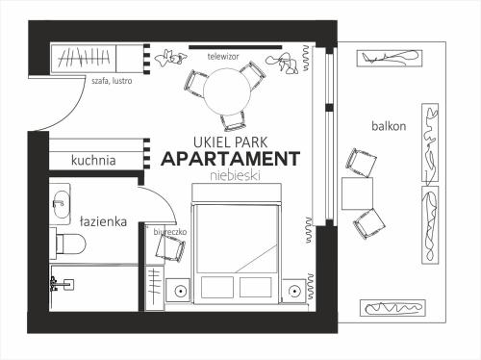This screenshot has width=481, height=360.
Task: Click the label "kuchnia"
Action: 93,160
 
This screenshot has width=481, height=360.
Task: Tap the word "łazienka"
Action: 103,221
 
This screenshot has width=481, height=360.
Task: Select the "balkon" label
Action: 389,126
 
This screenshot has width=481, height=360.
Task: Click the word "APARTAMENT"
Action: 231,159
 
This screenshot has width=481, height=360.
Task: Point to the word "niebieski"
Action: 235,175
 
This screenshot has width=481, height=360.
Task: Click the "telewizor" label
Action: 223,57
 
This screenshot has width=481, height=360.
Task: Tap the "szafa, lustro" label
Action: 112,81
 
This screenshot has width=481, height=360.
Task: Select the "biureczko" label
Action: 170,232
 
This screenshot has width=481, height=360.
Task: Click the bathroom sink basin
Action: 61,204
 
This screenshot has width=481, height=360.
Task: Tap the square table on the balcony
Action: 357,193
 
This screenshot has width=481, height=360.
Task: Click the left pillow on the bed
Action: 217,287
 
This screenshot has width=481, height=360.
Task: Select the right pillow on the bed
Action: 256,287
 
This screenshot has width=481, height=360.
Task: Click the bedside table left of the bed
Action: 178,291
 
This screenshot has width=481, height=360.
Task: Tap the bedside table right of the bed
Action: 293,291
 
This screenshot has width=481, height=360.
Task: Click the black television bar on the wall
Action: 236,47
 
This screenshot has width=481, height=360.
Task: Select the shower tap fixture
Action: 62,284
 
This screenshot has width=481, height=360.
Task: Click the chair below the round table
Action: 234,121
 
